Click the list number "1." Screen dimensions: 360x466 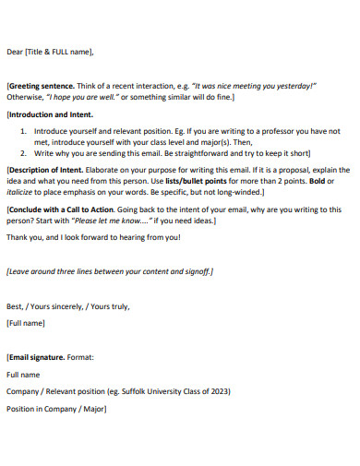pyautogui.click(x=24, y=132)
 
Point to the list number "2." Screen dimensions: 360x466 pyautogui.click(x=24, y=153)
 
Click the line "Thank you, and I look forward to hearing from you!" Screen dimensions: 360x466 pyautogui.click(x=93, y=237)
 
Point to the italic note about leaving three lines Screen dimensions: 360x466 pyautogui.click(x=109, y=271)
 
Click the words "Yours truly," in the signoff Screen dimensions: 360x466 pyautogui.click(x=107, y=305)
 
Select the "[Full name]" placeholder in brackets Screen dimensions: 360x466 pyautogui.click(x=26, y=323)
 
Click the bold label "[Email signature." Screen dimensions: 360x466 pyautogui.click(x=36, y=356)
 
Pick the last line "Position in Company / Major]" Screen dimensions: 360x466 pyautogui.click(x=55, y=409)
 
